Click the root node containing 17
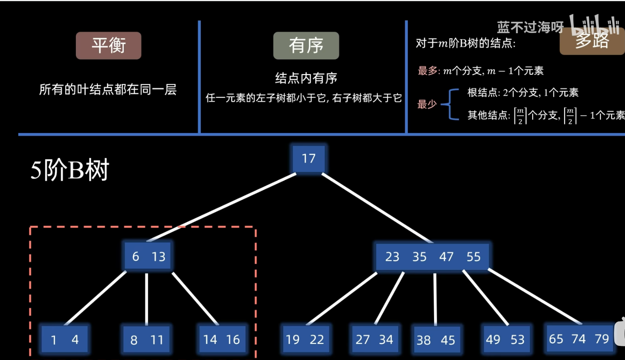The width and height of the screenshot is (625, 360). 309,159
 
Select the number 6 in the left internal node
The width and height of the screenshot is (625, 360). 136,257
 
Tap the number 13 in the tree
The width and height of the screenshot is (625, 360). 159,257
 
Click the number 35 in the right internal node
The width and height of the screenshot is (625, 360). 419,257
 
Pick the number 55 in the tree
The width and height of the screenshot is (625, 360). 473,257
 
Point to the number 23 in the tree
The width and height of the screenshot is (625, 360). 392,257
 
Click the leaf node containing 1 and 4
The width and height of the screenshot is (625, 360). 64,339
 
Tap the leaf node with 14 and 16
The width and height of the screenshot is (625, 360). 222,339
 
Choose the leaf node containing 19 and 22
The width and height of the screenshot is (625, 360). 305,339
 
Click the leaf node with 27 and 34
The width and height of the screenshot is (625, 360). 374,339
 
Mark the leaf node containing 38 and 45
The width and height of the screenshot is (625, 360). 436,340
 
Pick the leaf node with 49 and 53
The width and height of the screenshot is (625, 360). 505,339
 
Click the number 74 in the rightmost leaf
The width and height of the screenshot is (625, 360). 579,339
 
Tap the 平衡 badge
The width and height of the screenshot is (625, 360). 109,46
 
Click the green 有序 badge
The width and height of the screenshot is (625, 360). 306,46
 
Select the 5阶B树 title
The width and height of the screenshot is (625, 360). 70,170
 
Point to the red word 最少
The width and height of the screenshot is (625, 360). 427,104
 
